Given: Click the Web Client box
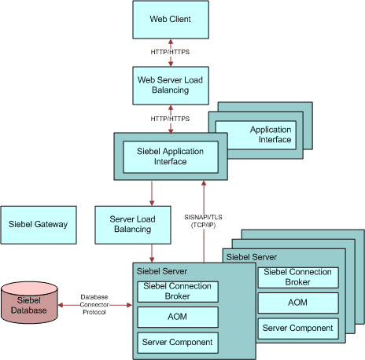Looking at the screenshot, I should pos(170,19).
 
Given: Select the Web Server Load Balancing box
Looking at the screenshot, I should pos(170,84).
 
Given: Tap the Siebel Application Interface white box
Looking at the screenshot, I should pos(170,156).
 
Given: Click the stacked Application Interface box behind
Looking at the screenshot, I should pos(270,134).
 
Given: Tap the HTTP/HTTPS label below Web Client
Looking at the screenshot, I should pos(170,52).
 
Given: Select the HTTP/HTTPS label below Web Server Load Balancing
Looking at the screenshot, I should pos(170,118).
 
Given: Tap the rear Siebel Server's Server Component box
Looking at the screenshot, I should pos(297,328).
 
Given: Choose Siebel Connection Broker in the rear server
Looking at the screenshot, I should pos(297,277).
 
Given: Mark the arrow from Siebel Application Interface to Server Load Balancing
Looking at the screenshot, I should pos(151,193).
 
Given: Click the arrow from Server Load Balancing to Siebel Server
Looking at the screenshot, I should pos(151,253).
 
